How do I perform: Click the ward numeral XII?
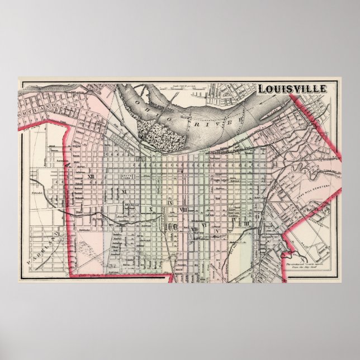tap(91, 177)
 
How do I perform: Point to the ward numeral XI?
tap(125, 192)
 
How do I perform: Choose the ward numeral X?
tap(151, 210)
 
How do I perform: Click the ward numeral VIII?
tap(183, 210)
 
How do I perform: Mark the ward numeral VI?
tap(205, 225)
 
